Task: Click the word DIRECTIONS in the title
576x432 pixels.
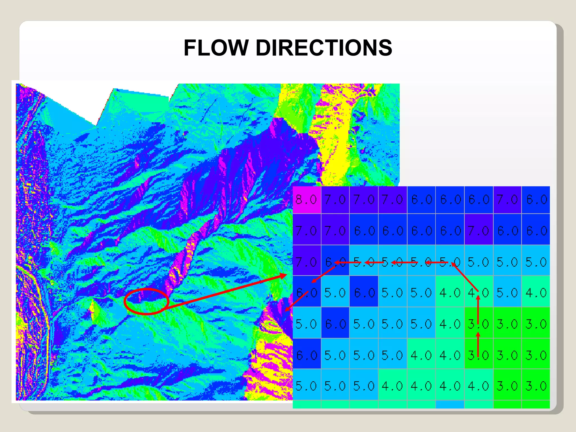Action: click(x=323, y=48)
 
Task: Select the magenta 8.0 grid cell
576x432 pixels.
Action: click(x=307, y=200)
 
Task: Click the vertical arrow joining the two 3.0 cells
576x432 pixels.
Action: click(x=478, y=345)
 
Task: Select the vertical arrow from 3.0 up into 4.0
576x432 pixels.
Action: click(x=478, y=309)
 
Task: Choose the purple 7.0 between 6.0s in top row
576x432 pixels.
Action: click(x=507, y=200)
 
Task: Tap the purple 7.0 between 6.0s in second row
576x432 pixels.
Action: click(x=478, y=231)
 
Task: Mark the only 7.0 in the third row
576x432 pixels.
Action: click(x=307, y=262)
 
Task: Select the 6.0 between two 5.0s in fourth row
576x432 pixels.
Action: click(x=364, y=293)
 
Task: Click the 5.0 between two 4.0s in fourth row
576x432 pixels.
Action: click(x=507, y=293)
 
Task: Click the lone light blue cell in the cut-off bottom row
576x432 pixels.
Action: click(x=449, y=404)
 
